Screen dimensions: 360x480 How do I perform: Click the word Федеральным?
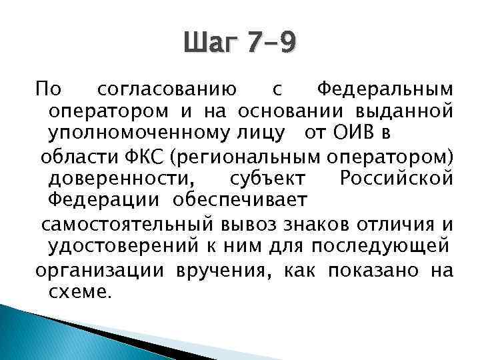coord(385,88)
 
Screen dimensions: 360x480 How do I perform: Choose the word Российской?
coord(397,179)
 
